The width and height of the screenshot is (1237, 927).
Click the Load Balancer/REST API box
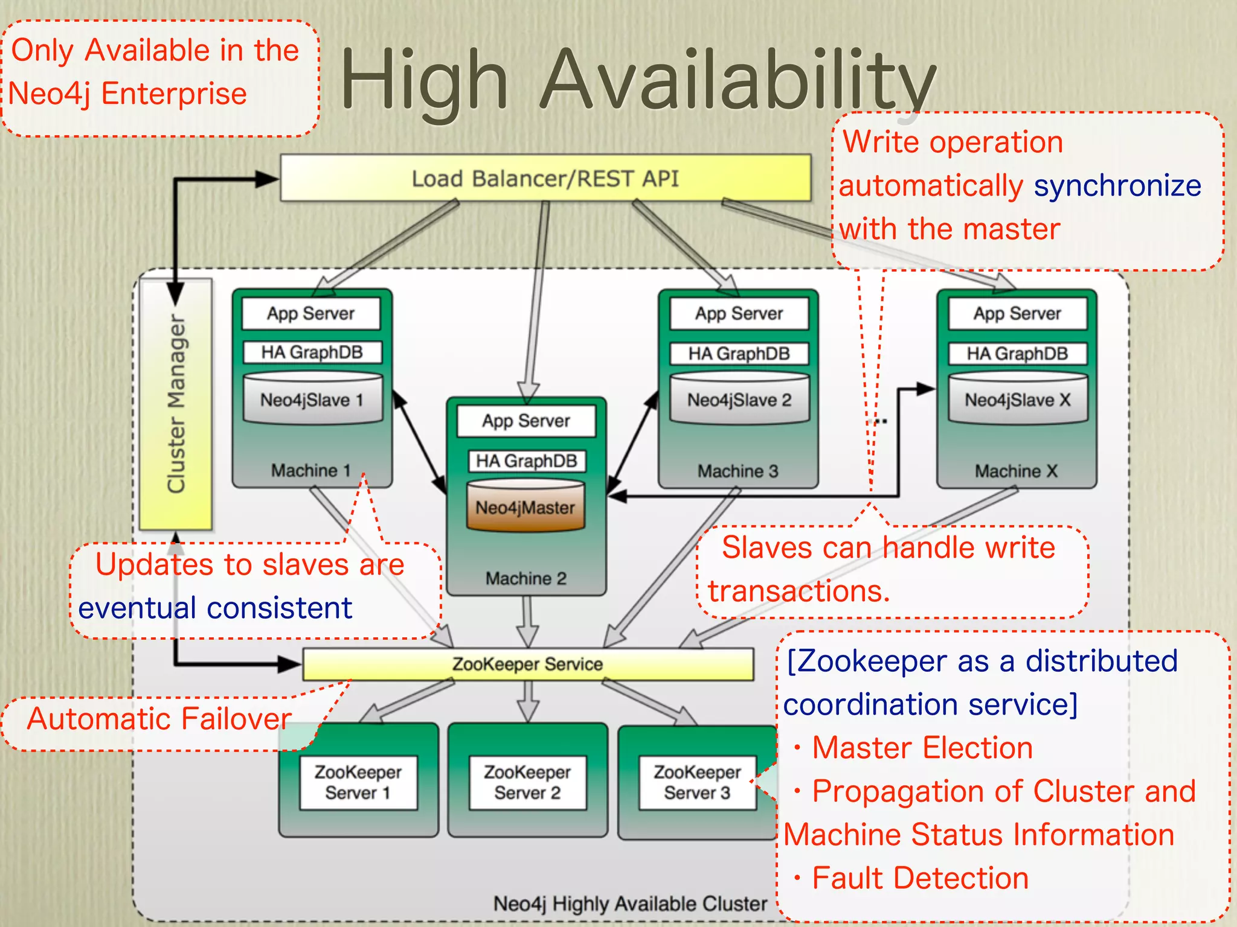tap(545, 179)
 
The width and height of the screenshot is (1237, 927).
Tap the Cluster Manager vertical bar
tap(176, 404)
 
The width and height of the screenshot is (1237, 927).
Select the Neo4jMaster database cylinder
tap(525, 507)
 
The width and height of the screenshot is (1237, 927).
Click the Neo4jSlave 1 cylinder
tap(312, 400)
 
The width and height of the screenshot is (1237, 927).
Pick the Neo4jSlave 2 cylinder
tap(739, 400)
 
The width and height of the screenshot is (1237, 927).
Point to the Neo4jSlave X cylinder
tap(1018, 400)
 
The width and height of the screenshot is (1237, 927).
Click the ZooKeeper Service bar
tap(527, 664)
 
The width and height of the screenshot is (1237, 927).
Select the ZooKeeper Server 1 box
tap(358, 782)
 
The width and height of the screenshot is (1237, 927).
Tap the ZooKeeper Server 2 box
tap(527, 782)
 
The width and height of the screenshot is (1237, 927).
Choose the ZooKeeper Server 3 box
tap(697, 782)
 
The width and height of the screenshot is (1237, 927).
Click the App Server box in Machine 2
tap(526, 421)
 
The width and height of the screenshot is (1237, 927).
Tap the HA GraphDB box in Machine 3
tap(739, 354)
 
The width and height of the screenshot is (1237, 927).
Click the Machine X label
tap(1016, 471)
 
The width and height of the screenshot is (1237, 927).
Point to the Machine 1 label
tap(311, 470)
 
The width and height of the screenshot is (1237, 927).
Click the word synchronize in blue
tap(1117, 185)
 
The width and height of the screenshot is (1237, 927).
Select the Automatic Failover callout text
tap(159, 719)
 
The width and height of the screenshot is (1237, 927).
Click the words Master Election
tap(922, 748)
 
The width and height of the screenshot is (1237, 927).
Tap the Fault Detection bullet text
tap(920, 878)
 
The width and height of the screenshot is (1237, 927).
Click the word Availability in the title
tap(737, 81)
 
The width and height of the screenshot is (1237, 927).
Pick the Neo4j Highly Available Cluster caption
tap(630, 903)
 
